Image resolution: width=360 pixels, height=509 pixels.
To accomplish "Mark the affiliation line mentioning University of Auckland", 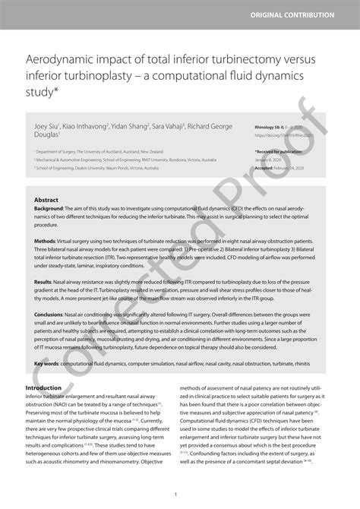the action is coord(99,152).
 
